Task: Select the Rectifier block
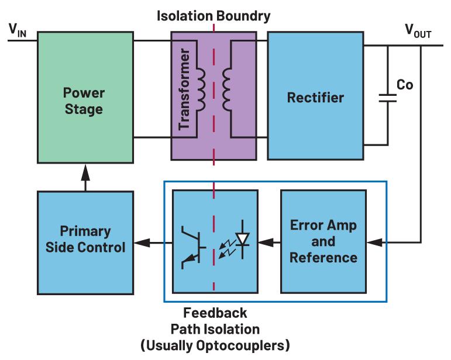coord(315,96)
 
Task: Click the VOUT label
coord(418,30)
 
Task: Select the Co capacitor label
coord(405,85)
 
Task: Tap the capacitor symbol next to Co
coord(387,97)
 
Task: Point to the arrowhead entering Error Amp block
coord(373,240)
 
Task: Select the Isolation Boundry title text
coord(214,16)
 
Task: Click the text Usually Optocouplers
coord(215,345)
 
